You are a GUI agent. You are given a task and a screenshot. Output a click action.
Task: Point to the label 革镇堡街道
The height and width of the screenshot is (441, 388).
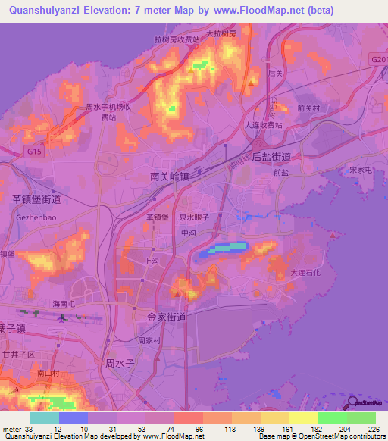click(x=36, y=199)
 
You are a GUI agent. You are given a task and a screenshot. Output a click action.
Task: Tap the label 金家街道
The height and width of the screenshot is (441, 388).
click(x=161, y=317)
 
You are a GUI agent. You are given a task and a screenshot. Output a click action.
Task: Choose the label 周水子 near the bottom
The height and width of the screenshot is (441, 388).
click(x=120, y=363)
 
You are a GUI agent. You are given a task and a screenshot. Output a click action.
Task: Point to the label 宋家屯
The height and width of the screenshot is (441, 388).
click(x=361, y=170)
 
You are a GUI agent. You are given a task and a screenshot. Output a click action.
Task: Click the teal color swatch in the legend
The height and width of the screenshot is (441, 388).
click(x=45, y=418)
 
